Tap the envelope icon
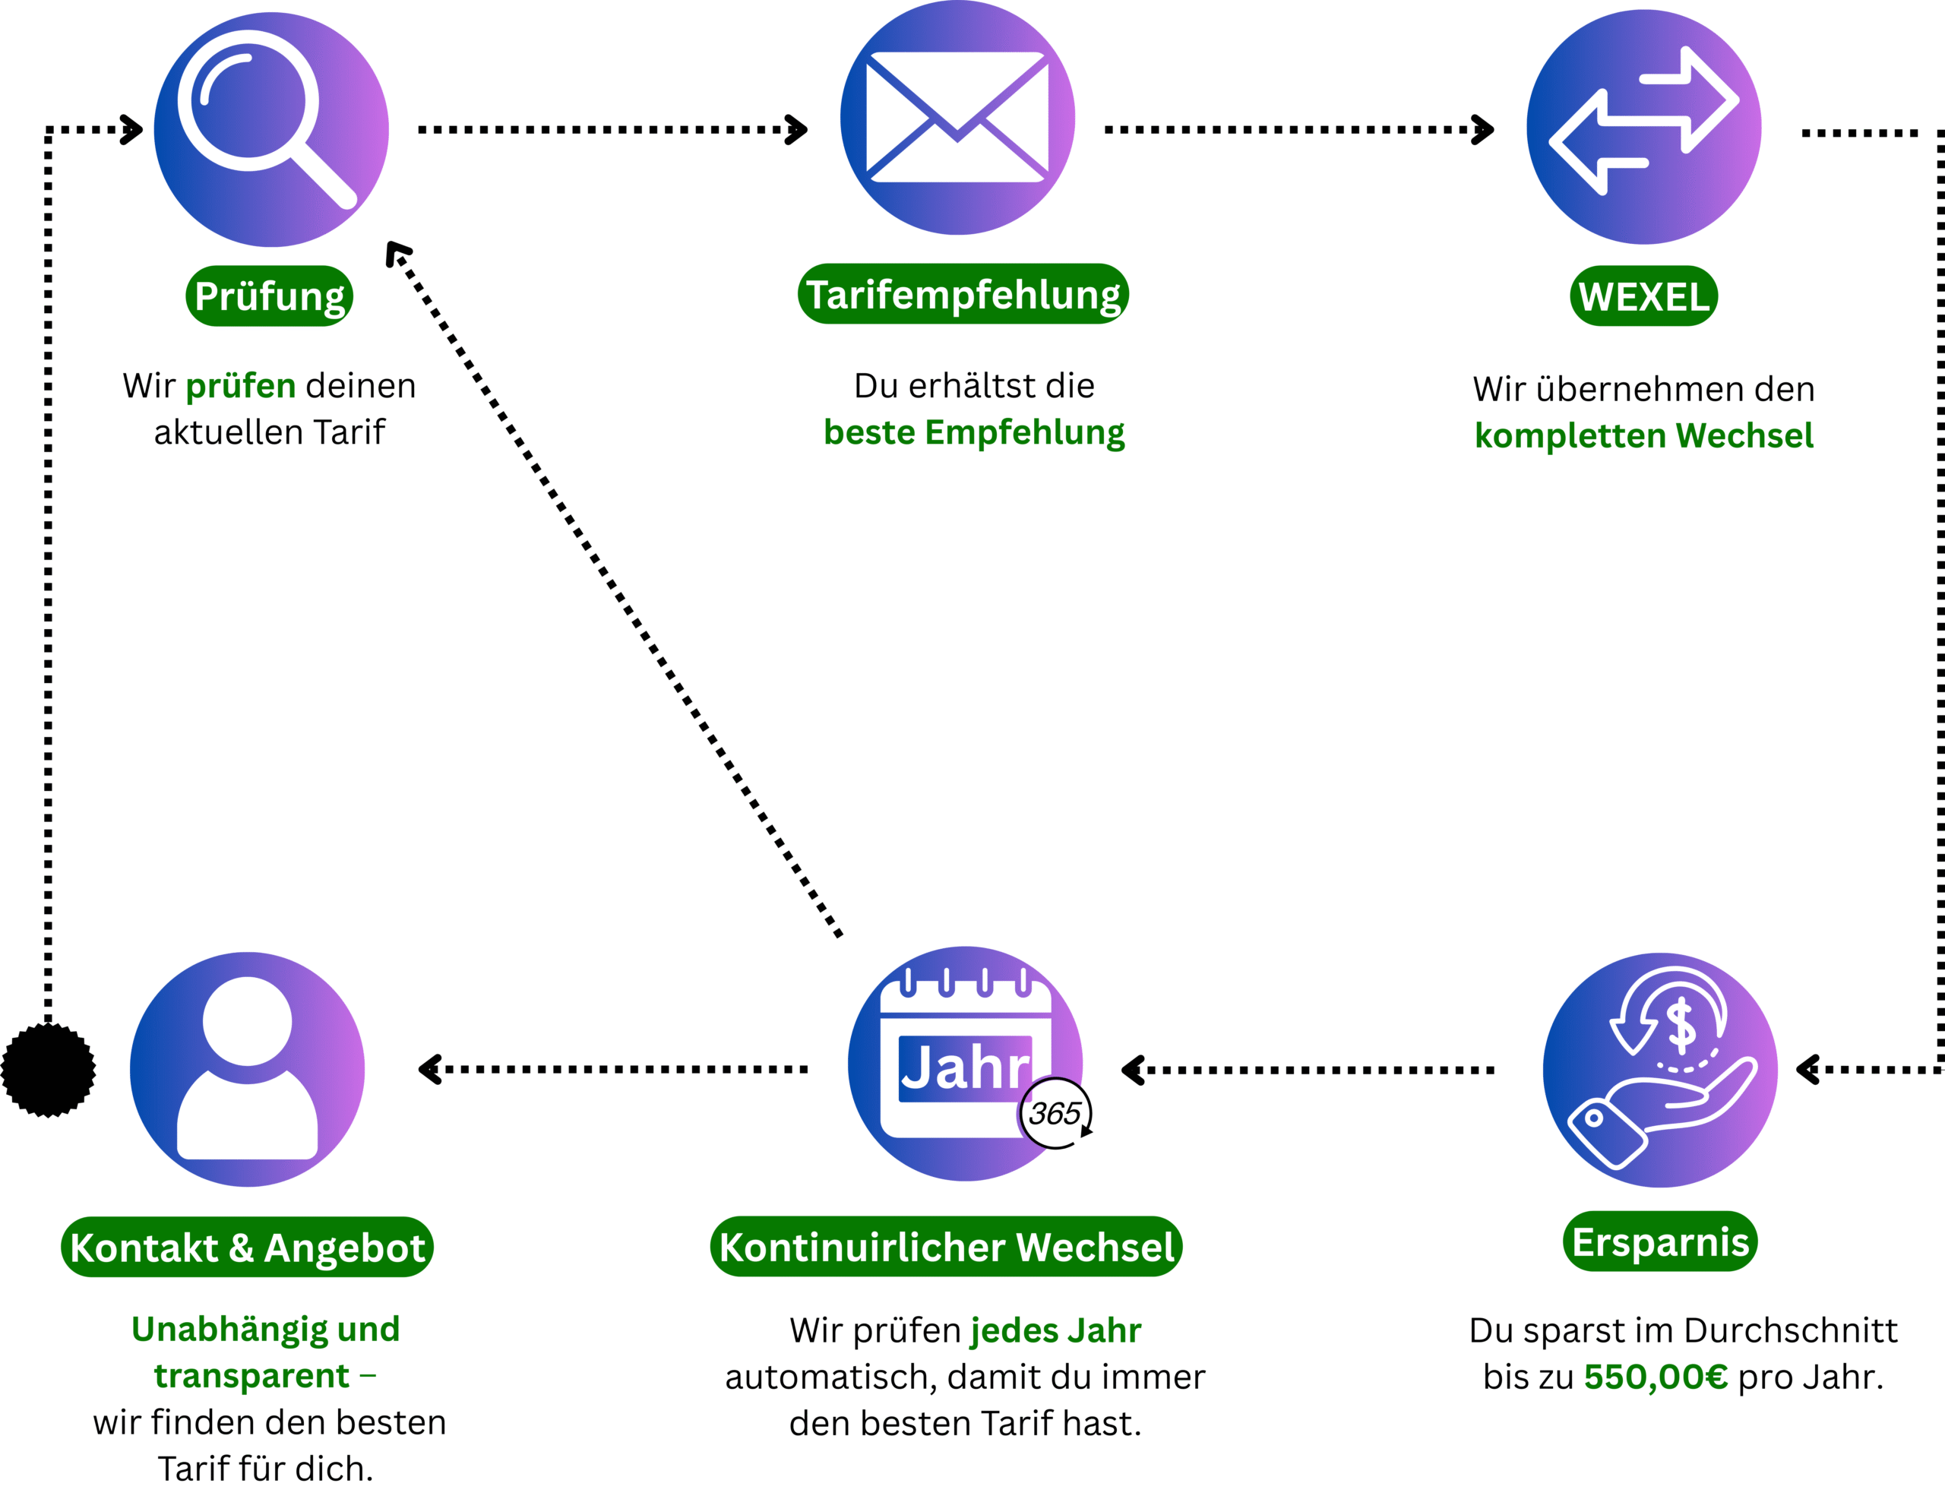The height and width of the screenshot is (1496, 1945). (x=957, y=118)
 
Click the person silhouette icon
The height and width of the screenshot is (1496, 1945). (x=248, y=1068)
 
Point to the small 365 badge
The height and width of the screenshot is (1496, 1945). (x=1055, y=1113)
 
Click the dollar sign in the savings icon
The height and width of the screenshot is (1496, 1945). (x=1681, y=1024)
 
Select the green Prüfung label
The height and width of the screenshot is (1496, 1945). (x=269, y=296)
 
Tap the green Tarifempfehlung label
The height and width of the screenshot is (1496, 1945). (x=963, y=295)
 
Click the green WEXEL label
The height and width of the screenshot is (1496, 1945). (x=1643, y=296)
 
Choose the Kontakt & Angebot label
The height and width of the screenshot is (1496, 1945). (x=248, y=1248)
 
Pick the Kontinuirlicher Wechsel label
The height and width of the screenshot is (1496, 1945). (x=947, y=1247)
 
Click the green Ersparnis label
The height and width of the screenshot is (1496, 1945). (x=1660, y=1242)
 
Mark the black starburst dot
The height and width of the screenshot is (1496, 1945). (x=48, y=1070)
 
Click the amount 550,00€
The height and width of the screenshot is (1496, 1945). (x=1656, y=1377)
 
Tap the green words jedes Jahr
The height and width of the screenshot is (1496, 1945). (x=1055, y=1330)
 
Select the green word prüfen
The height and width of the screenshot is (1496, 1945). (x=240, y=385)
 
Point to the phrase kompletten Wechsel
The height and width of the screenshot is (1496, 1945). (x=1644, y=435)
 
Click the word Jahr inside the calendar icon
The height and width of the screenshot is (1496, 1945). (x=964, y=1067)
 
